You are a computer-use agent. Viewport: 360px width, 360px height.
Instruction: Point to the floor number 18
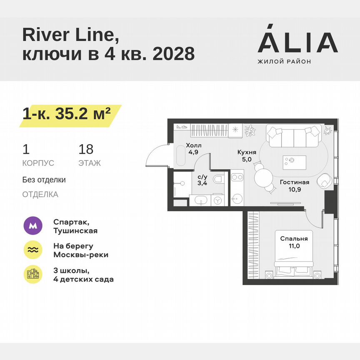coord(86,150)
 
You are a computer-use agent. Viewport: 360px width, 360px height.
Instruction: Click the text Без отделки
coord(44,180)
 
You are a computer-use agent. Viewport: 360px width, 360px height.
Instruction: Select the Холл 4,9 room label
coord(193,149)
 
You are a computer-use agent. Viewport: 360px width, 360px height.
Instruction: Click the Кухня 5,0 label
coord(244,155)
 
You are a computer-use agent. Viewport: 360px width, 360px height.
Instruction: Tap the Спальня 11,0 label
coord(294,242)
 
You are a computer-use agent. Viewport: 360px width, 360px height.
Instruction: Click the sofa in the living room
coord(294,137)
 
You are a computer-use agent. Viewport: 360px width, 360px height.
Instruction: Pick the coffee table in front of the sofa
coord(294,160)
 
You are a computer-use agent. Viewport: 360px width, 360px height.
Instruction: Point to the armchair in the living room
coord(325,182)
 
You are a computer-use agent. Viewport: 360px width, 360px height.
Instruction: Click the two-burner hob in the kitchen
coord(237,177)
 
